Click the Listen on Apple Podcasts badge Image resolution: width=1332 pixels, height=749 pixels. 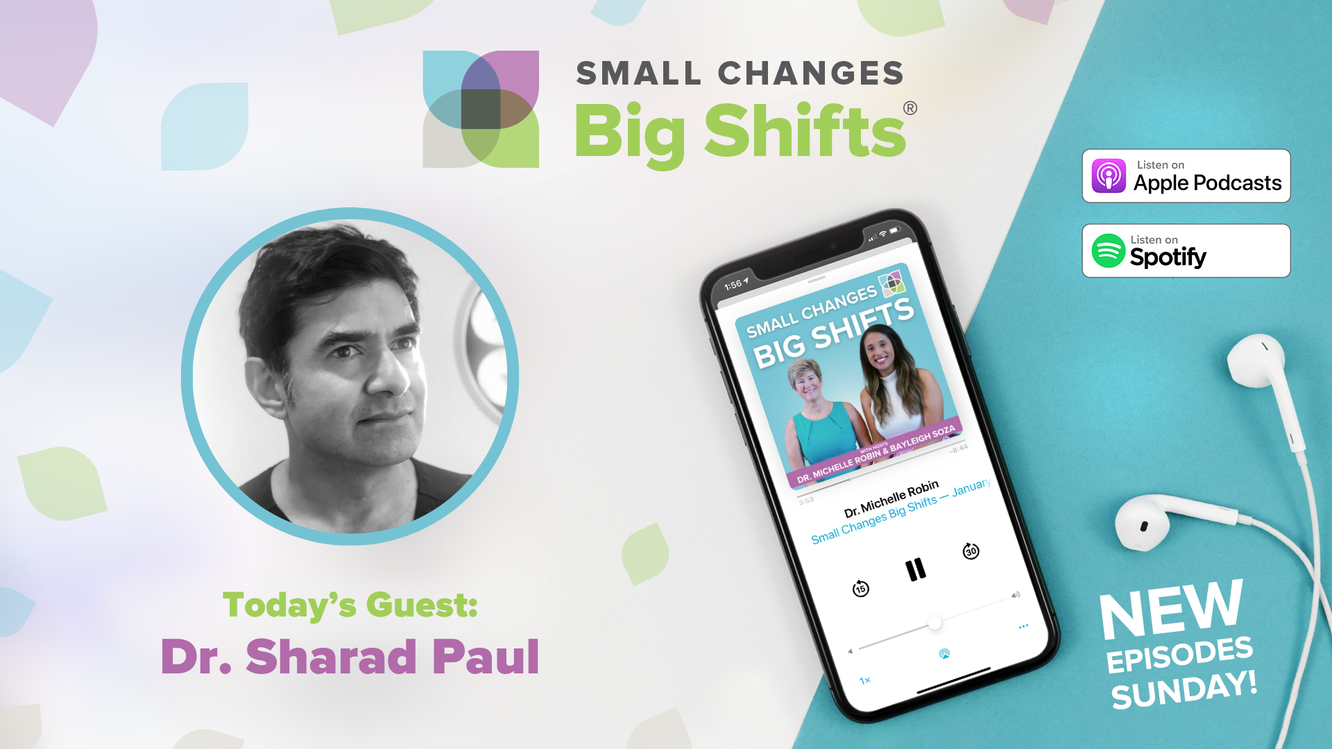[x=1186, y=176]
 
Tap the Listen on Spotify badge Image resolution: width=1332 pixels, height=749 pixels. [x=1186, y=251]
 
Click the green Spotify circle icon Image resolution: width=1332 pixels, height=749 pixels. [x=1108, y=251]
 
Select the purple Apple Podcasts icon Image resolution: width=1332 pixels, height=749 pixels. [x=1109, y=176]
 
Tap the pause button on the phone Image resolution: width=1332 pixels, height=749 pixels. [x=916, y=570]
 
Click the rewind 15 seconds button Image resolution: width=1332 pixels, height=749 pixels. [x=860, y=589]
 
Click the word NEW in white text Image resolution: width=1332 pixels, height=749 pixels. [x=1171, y=609]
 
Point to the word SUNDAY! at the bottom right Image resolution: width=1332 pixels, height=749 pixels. [x=1184, y=690]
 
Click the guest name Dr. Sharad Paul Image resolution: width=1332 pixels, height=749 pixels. [x=350, y=657]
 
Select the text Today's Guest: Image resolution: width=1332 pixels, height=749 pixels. [x=350, y=605]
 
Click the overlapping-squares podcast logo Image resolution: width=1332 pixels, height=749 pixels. [x=481, y=109]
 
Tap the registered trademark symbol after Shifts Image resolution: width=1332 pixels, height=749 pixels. [x=910, y=108]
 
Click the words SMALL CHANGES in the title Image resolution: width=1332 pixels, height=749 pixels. [x=740, y=74]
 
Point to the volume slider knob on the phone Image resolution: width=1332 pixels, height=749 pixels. [x=935, y=622]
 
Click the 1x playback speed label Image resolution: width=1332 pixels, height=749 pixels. [x=865, y=680]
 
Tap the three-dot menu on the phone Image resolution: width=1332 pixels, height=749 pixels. [x=1023, y=626]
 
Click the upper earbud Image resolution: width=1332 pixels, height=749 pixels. [x=1256, y=361]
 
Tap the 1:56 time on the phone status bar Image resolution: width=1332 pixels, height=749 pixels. [x=733, y=285]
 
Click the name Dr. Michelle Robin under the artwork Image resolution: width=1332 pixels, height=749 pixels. [x=891, y=499]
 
